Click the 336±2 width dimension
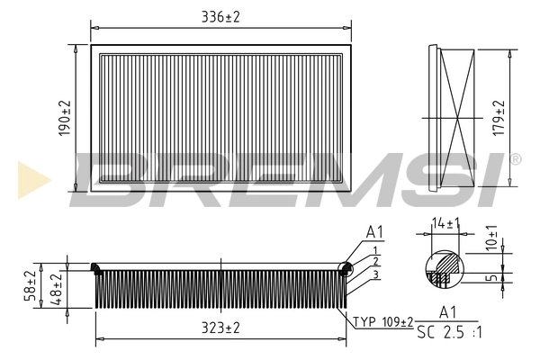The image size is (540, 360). pyautogui.click(x=221, y=15)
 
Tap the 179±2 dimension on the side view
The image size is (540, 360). pyautogui.click(x=498, y=117)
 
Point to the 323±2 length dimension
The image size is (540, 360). pyautogui.click(x=220, y=328)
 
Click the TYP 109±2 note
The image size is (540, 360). pyautogui.click(x=382, y=321)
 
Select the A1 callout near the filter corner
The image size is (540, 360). pyautogui.click(x=374, y=233)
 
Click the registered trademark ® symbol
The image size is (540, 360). pyautogui.click(x=515, y=159)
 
